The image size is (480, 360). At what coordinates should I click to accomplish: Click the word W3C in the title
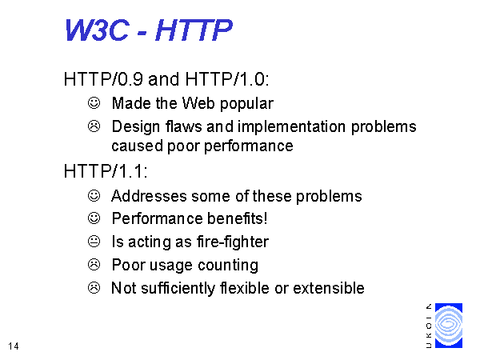tap(97, 30)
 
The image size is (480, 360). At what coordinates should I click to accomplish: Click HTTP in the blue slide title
tap(194, 30)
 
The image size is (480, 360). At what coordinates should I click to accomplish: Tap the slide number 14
tap(14, 346)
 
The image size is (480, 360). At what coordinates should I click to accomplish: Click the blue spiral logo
tap(449, 326)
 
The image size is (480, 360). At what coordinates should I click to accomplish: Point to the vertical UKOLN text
tap(429, 326)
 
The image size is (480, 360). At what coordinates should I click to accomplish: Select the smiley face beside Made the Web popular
tap(94, 103)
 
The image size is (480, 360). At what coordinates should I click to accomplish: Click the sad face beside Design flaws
tap(94, 126)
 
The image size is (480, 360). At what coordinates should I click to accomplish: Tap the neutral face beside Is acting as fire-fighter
tap(94, 242)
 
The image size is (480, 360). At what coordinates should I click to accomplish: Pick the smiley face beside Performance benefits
tap(94, 218)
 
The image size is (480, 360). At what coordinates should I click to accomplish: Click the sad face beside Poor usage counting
tap(94, 265)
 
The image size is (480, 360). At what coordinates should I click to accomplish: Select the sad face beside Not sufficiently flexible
tap(94, 288)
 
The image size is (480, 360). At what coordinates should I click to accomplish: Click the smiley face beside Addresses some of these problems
tap(94, 196)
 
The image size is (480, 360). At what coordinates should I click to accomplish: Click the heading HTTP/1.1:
tap(106, 171)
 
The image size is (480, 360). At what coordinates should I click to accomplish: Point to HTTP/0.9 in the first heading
tap(103, 79)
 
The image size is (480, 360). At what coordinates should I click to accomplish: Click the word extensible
tap(329, 288)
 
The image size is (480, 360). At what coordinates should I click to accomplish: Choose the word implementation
tap(291, 127)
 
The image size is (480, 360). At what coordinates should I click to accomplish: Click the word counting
tap(228, 266)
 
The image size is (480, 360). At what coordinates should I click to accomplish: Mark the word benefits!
tap(238, 218)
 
